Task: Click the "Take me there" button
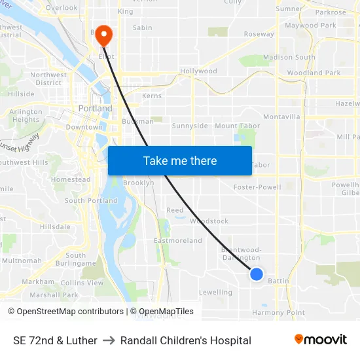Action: [180, 160]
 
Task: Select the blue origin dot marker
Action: [257, 274]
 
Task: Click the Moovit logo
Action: [320, 340]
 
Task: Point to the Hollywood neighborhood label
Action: [198, 71]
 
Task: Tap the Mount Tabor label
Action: [236, 126]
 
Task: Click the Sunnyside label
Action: [190, 126]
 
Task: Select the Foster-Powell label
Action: [257, 187]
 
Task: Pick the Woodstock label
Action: [209, 221]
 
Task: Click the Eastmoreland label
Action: [178, 241]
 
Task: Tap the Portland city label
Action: [95, 109]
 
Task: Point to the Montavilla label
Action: [281, 117]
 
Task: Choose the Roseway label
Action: [259, 34]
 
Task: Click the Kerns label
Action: [151, 96]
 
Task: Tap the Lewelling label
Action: [215, 293]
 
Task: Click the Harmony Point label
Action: [279, 313]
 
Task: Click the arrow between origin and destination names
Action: [109, 340]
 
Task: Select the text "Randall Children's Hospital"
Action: [186, 340]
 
